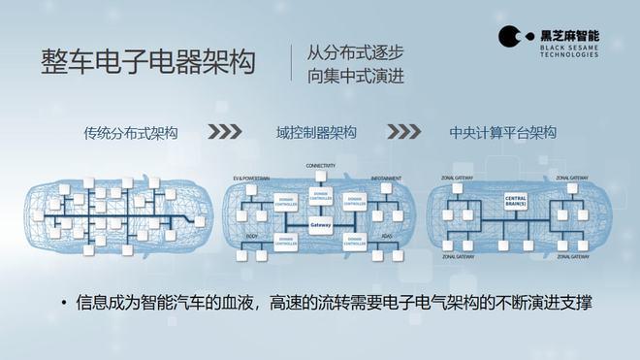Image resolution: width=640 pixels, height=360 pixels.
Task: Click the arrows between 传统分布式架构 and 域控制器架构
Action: click(x=225, y=133)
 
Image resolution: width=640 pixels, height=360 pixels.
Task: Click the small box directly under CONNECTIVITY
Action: click(x=320, y=181)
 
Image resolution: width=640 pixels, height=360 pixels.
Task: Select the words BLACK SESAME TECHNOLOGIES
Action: click(x=566, y=49)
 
